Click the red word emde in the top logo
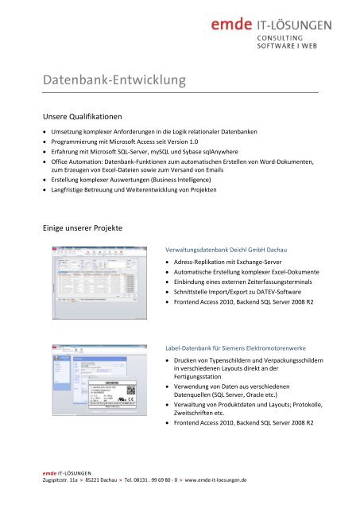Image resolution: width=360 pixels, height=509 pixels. click(232, 25)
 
